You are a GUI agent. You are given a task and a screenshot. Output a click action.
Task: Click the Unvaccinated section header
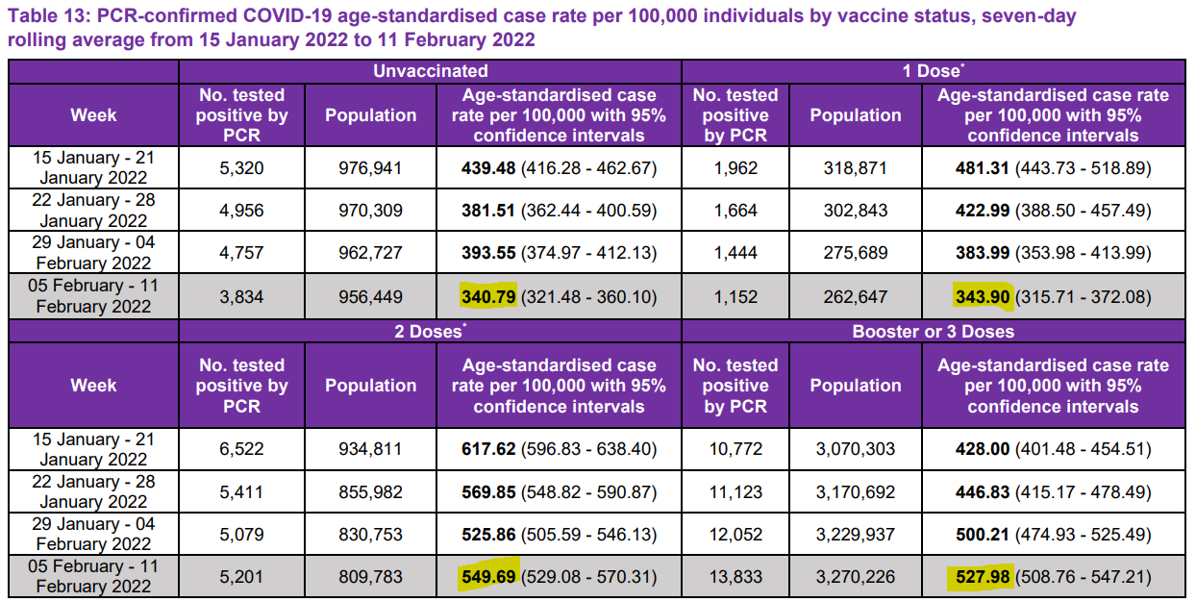pyautogui.click(x=430, y=71)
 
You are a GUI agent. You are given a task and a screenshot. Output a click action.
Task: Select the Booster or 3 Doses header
pyautogui.click(x=933, y=332)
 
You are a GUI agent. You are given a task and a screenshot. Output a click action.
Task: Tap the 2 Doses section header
pyautogui.click(x=430, y=332)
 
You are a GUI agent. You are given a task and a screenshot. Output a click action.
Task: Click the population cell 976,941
pyautogui.click(x=370, y=168)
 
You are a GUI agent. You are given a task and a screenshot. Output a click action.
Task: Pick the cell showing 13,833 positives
pyautogui.click(x=735, y=579)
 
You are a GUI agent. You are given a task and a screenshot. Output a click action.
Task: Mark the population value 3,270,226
pyautogui.click(x=855, y=579)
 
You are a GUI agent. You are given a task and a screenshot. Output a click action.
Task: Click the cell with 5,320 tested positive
pyautogui.click(x=241, y=168)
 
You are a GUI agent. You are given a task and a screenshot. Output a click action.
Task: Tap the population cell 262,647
pyautogui.click(x=855, y=296)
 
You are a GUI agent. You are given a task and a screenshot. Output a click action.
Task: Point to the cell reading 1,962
pyautogui.click(x=735, y=168)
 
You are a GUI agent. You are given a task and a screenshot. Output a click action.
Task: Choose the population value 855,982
pyautogui.click(x=370, y=492)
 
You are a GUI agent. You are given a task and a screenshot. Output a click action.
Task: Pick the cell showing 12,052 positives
pyautogui.click(x=735, y=535)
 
